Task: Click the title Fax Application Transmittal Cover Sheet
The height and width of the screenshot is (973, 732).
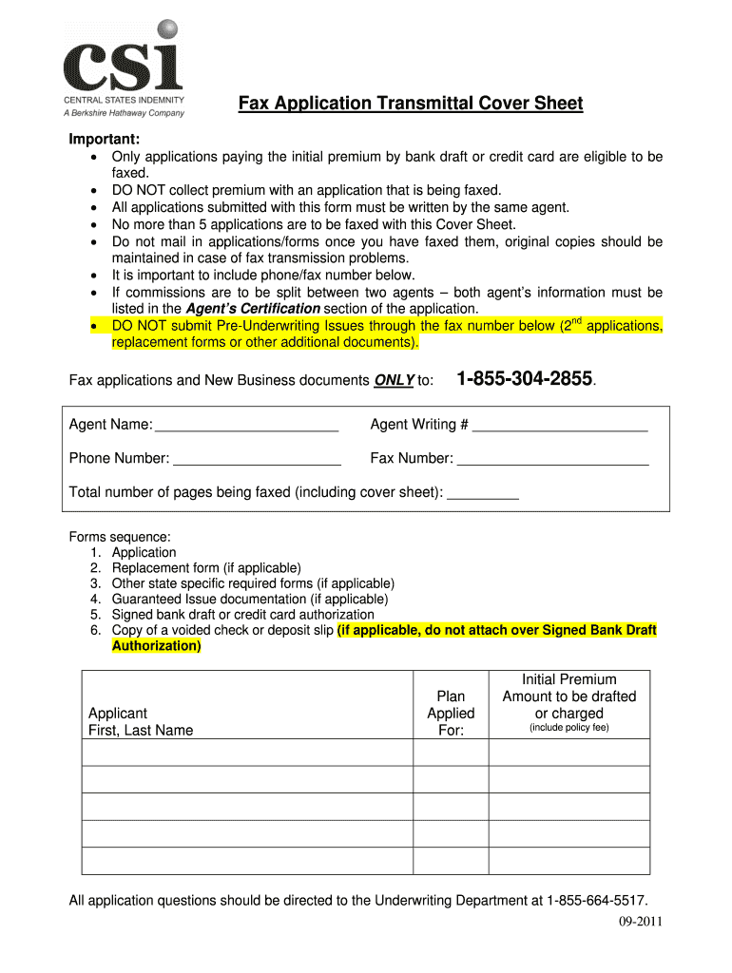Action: [410, 104]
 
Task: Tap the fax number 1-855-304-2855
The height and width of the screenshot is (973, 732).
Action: [525, 380]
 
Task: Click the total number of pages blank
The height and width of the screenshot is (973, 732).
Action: [482, 494]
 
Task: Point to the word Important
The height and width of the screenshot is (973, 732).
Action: [105, 140]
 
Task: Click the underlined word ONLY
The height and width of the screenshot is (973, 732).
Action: [393, 381]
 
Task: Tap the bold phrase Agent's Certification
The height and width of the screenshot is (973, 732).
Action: [253, 309]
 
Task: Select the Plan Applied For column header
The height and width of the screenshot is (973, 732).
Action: [451, 714]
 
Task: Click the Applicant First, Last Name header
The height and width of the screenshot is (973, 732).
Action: [140, 722]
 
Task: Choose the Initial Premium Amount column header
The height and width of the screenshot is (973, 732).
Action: [568, 704]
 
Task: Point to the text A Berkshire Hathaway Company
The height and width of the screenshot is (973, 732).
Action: [124, 113]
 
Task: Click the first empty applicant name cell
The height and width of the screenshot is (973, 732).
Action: [247, 752]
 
